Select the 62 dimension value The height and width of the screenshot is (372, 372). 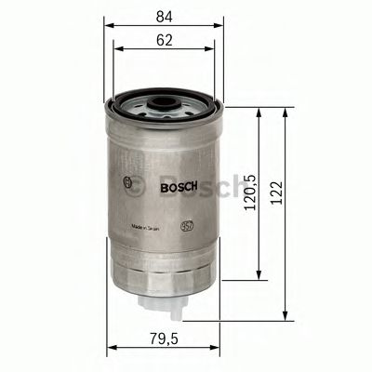point(166,41)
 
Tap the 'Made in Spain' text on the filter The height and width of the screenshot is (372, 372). point(150,226)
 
